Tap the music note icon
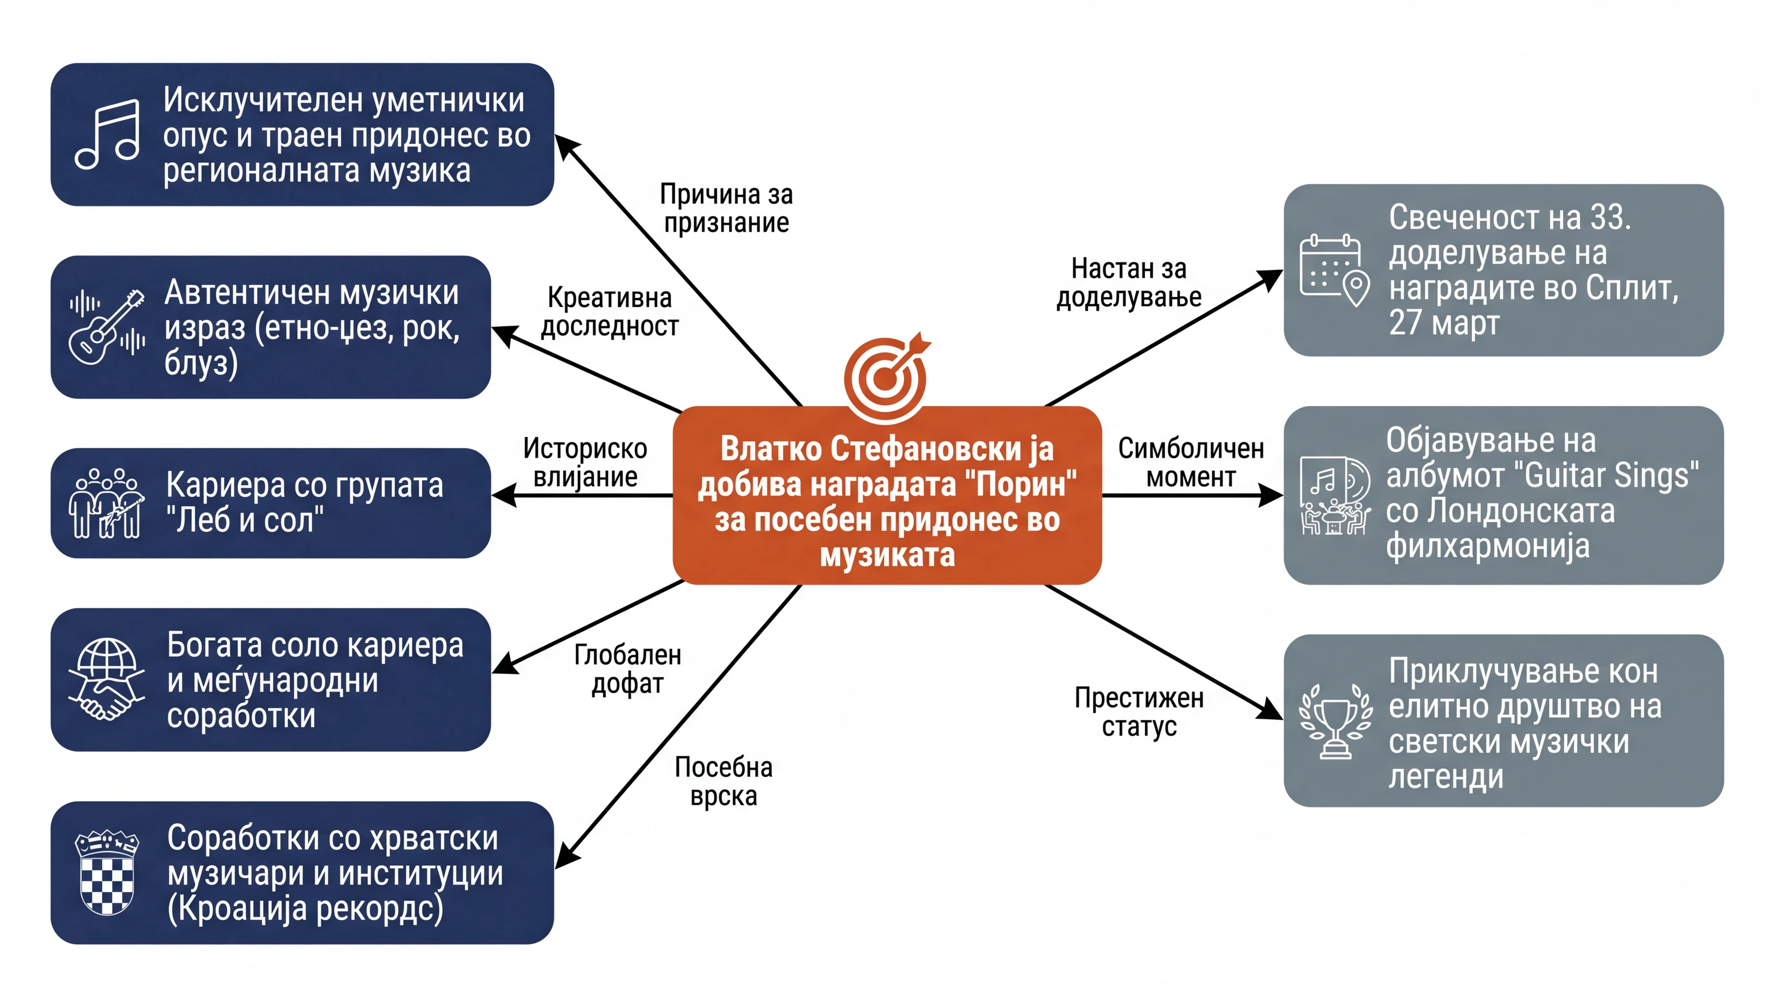click(107, 135)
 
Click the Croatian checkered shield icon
click(107, 873)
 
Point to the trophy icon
click(1335, 721)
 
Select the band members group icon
click(107, 503)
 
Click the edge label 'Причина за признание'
click(726, 208)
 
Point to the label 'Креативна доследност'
click(609, 312)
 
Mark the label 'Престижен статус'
click(1139, 712)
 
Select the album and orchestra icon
click(1335, 495)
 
